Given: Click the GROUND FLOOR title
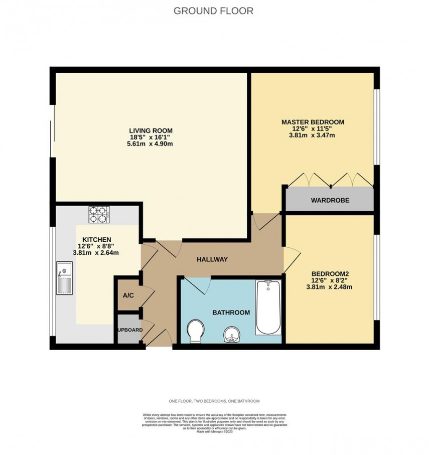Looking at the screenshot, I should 213,11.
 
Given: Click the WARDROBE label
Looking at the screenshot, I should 330,200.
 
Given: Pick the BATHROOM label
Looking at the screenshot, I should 231,312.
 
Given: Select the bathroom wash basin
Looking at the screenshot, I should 231,335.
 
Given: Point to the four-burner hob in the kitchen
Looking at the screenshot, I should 99,215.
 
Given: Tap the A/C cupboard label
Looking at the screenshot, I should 128,295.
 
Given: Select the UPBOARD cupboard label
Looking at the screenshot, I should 130,330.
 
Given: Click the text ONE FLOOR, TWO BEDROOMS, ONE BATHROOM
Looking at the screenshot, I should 214,401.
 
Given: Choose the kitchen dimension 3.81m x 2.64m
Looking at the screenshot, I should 95,252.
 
